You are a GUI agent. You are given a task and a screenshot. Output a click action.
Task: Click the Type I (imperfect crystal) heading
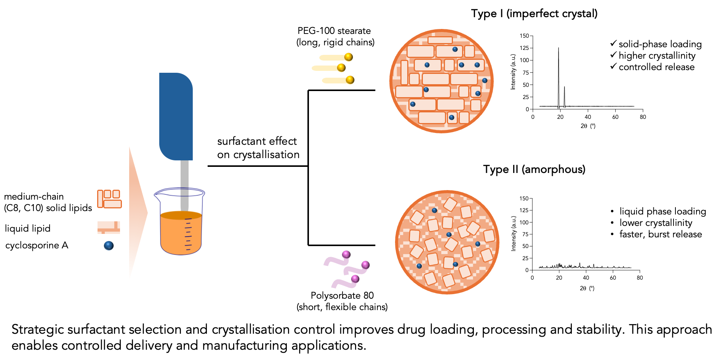click(x=534, y=14)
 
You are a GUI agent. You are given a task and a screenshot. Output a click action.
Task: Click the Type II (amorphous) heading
click(x=534, y=169)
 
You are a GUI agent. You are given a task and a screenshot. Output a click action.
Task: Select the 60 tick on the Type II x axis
click(x=613, y=278)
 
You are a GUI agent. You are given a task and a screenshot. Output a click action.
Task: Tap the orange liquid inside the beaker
click(x=181, y=234)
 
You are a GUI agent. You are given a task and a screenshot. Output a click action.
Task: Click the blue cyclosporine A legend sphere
click(x=109, y=246)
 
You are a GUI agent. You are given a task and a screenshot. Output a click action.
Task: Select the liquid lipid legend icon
click(x=109, y=227)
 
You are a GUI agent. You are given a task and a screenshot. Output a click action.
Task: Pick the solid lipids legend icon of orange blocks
click(x=109, y=199)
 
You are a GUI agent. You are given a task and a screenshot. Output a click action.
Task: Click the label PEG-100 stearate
click(x=334, y=31)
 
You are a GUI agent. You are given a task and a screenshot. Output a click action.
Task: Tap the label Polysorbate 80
click(x=342, y=296)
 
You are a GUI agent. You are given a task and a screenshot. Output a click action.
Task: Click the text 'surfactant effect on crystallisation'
click(x=258, y=148)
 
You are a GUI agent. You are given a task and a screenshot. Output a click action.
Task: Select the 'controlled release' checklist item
click(x=656, y=67)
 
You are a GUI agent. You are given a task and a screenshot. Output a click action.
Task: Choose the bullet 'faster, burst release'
click(x=660, y=234)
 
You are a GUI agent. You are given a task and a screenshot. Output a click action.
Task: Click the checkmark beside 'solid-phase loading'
click(x=613, y=43)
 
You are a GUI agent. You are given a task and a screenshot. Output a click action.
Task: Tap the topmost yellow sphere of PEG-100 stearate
click(x=349, y=57)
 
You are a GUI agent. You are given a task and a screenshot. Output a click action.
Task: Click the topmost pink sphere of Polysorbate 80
click(x=346, y=254)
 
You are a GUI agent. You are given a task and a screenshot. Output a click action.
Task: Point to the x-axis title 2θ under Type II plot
click(x=583, y=288)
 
